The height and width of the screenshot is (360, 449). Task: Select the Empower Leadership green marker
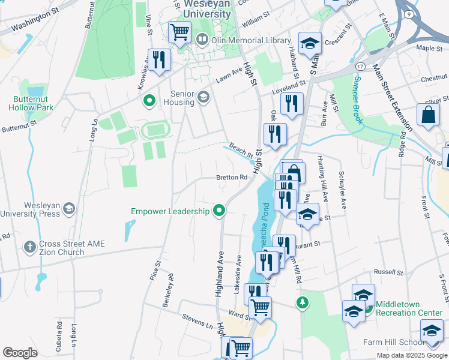pyautogui.click(x=219, y=211)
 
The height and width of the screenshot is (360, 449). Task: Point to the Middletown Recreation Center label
pyautogui.click(x=410, y=308)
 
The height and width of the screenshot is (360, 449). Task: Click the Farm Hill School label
pyautogui.click(x=402, y=343)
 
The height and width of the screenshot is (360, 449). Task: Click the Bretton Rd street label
pyautogui.click(x=232, y=178)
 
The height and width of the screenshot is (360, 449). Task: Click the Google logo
pyautogui.click(x=20, y=353)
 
